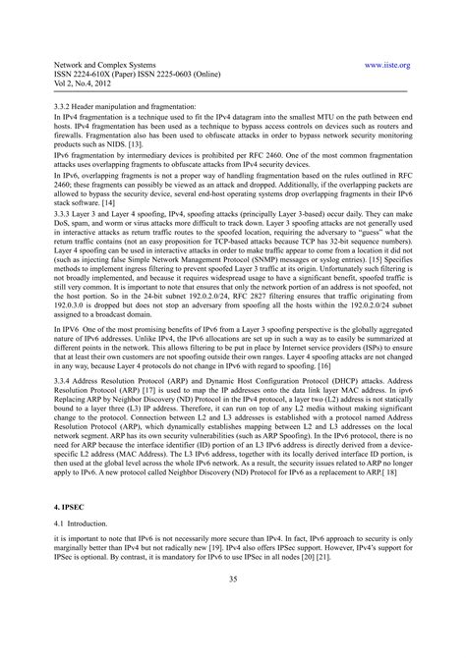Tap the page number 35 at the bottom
click(232, 608)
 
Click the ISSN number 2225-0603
click(157, 72)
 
